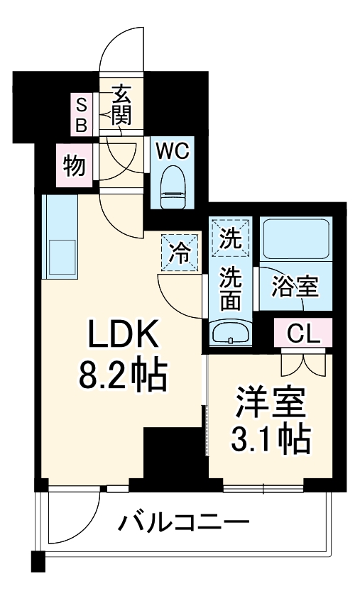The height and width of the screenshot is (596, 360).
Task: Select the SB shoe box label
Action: point(82,116)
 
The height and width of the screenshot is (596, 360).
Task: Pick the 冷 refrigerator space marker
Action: point(181,253)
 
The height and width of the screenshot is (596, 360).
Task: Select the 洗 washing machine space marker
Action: point(230,238)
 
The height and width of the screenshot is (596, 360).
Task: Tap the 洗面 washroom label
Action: point(230,287)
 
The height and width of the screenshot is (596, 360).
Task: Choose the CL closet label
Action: point(303,333)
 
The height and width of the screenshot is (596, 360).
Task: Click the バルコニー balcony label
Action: point(183,526)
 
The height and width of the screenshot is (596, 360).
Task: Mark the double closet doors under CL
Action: point(303,363)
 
